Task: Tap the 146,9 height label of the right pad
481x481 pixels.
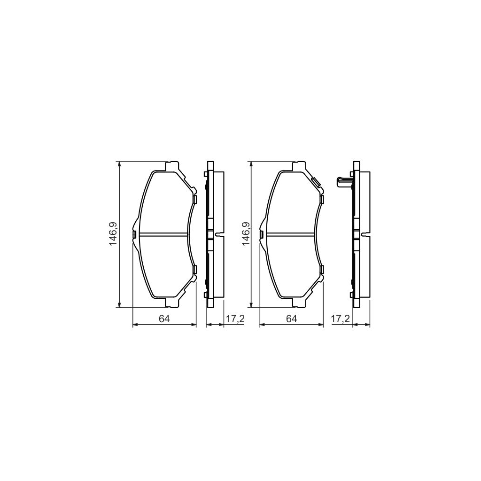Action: pyautogui.click(x=245, y=234)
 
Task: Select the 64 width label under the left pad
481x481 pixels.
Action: pyautogui.click(x=163, y=318)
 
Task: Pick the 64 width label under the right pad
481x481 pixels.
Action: pyautogui.click(x=292, y=318)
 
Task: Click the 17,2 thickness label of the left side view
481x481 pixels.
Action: pyautogui.click(x=235, y=319)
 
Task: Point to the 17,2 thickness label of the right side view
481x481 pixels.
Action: pyautogui.click(x=341, y=319)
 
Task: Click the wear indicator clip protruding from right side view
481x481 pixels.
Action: pyautogui.click(x=343, y=181)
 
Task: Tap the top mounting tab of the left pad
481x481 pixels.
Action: pyautogui.click(x=172, y=166)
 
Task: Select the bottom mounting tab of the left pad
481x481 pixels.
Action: pyautogui.click(x=172, y=302)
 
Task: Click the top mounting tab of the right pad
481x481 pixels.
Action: pyautogui.click(x=299, y=166)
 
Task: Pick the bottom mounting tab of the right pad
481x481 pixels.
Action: pyautogui.click(x=299, y=302)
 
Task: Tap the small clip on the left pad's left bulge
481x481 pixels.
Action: pyautogui.click(x=134, y=234)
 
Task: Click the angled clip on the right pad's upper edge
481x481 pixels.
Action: pyautogui.click(x=316, y=181)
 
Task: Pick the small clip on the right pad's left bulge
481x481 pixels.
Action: pyautogui.click(x=262, y=234)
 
